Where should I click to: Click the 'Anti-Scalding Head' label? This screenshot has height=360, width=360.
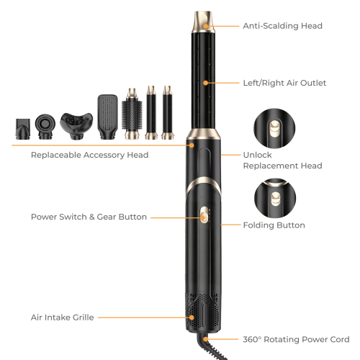282,26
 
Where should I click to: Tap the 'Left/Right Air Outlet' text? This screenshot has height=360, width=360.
284,83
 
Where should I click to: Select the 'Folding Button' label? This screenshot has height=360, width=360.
274,225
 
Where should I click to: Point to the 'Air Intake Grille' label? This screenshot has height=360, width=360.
63,318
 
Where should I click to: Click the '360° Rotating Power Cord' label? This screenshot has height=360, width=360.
296,339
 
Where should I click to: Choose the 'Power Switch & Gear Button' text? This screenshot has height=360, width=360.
89,217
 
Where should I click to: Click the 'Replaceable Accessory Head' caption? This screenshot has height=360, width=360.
89,155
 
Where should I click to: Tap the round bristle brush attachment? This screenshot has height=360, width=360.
132,114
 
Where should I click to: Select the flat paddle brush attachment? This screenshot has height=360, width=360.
108,117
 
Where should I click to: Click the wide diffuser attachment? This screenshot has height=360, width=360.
76,126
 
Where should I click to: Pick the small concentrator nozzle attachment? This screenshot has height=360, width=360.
23,129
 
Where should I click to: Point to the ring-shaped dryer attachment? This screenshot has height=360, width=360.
45,127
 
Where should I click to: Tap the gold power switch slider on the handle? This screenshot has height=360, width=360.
204,215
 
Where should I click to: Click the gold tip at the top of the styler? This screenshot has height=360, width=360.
203,22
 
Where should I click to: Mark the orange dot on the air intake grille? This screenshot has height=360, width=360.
192,318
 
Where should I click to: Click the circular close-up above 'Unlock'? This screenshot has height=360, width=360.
274,128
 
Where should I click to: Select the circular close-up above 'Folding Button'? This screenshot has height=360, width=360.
275,198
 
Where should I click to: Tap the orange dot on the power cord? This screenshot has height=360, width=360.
205,339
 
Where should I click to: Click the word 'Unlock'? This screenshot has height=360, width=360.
257,155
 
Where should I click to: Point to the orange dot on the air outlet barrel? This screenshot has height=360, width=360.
205,83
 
